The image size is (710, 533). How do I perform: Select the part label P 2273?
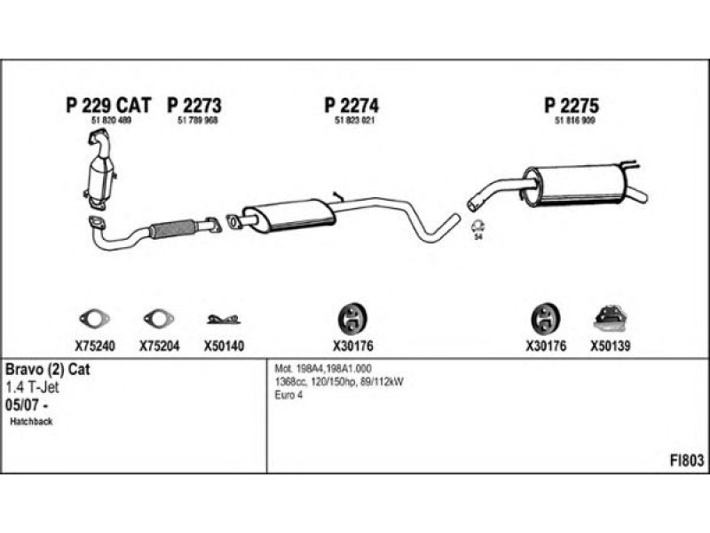click(193, 106)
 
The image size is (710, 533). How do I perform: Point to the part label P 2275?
click(572, 106)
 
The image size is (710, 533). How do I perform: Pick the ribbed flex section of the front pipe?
click(172, 229)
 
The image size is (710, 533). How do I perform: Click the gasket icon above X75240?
click(93, 318)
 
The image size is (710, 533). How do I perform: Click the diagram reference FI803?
click(687, 460)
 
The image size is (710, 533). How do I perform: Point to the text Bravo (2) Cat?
click(49, 368)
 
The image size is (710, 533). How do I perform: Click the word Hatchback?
click(32, 421)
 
